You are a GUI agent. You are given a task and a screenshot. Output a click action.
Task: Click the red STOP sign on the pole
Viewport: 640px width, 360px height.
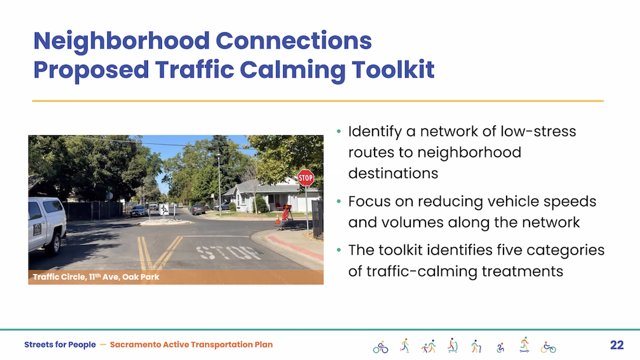click(305, 178)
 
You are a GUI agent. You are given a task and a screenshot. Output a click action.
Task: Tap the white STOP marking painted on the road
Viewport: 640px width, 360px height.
click(229, 253)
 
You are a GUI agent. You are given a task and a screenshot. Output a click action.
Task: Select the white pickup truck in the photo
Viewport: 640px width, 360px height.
click(46, 225)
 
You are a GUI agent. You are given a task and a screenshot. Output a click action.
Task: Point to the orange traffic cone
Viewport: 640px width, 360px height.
click(277, 220)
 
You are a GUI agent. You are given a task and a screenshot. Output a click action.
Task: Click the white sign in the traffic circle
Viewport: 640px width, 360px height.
click(164, 210)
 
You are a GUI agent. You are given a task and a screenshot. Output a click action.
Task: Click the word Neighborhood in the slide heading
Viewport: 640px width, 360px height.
click(122, 42)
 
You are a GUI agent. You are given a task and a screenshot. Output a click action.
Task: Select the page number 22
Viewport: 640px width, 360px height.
click(617, 345)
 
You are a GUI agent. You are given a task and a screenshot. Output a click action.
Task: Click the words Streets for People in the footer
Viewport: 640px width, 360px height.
click(60, 345)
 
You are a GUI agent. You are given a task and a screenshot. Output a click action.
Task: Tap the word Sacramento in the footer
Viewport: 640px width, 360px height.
click(135, 345)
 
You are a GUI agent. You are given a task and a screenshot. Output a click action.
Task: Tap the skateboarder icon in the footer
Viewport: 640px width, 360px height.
click(524, 345)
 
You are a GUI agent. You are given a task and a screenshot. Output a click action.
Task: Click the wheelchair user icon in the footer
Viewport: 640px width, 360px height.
click(500, 347)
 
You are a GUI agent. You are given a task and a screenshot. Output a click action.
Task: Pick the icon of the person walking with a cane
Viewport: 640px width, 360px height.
click(476, 346)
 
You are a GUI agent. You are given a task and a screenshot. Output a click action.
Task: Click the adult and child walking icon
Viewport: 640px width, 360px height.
click(429, 346)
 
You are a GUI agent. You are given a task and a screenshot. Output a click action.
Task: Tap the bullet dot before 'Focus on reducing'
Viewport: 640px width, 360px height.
click(338, 201)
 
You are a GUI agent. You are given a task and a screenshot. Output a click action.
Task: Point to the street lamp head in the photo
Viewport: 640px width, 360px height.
click(219, 156)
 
